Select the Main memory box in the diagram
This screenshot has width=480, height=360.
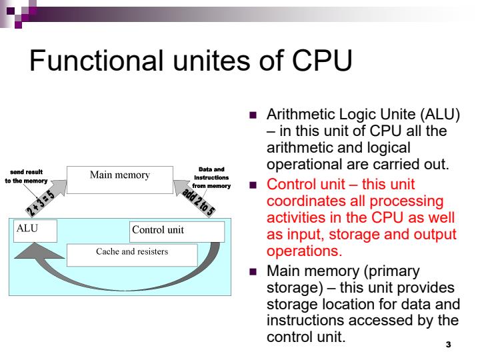click(x=120, y=176)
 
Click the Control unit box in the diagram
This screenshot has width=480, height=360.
click(x=177, y=231)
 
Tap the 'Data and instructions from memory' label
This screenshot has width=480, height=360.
click(x=211, y=178)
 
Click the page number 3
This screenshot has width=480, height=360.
click(x=448, y=345)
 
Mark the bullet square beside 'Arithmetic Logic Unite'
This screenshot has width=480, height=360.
click(x=253, y=115)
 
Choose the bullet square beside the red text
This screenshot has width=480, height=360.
click(x=253, y=185)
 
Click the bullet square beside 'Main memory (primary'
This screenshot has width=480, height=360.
click(x=253, y=272)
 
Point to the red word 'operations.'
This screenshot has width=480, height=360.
click(x=304, y=252)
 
